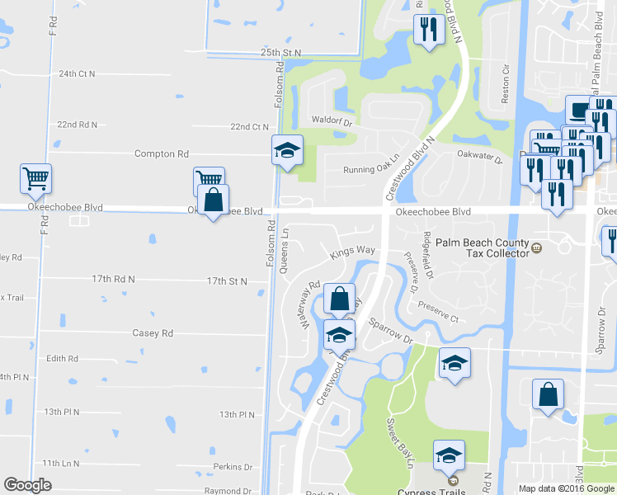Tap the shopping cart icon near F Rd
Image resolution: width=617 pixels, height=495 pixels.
coord(36,178)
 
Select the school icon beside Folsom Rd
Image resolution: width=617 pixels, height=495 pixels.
coord(288,150)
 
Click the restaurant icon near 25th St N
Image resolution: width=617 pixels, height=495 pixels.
coord(429,30)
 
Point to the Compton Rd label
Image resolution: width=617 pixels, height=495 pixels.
coord(162,154)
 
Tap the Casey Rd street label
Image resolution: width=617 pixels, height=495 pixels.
coord(153,333)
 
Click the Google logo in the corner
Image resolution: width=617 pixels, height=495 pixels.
coord(27,485)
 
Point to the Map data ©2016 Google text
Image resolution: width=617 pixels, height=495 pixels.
coord(567,488)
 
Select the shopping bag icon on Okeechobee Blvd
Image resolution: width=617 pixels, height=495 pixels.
coord(214,200)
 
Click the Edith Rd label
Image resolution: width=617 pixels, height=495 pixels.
coord(62,359)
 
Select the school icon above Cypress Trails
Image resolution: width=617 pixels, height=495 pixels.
coord(449,455)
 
